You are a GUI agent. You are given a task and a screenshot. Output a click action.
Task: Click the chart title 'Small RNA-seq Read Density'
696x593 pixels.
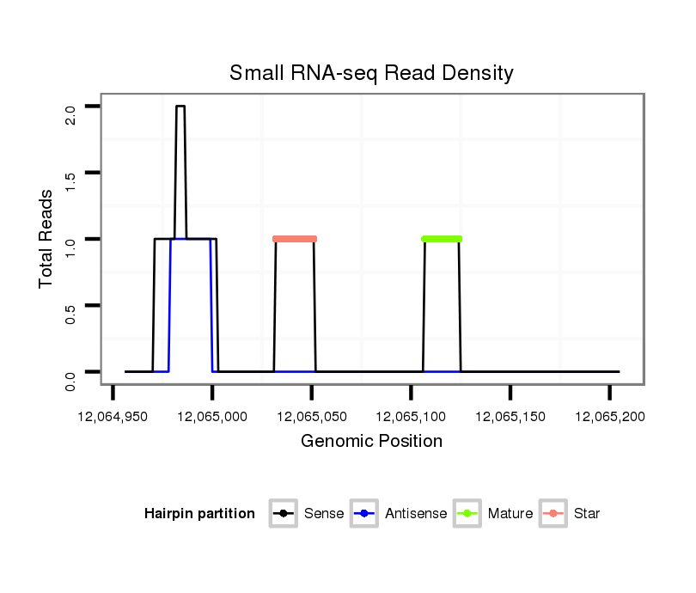(371, 73)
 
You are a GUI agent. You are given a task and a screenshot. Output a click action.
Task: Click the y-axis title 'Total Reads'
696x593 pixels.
(47, 239)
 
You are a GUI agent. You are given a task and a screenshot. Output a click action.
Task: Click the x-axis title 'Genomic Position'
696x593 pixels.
(371, 442)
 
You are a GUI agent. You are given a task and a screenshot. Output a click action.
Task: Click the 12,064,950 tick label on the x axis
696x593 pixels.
(113, 417)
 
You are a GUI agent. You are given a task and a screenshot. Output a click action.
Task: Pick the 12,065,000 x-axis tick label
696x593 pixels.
(212, 417)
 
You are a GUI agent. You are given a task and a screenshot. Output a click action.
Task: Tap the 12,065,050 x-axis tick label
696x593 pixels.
(312, 417)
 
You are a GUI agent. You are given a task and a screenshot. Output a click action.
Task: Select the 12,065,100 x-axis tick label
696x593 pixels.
(411, 417)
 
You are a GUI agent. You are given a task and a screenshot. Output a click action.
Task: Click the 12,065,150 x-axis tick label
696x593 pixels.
(510, 417)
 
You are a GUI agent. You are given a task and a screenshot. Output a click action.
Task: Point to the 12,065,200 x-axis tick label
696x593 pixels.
(609, 417)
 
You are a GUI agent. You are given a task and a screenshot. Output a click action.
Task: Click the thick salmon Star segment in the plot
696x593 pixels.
(295, 239)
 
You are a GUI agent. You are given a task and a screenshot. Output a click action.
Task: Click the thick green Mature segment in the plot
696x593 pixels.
(442, 239)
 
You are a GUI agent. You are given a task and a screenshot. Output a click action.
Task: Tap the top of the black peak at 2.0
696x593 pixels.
(180, 107)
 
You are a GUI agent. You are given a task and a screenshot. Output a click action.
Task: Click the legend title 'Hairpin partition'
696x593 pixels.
(199, 514)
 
